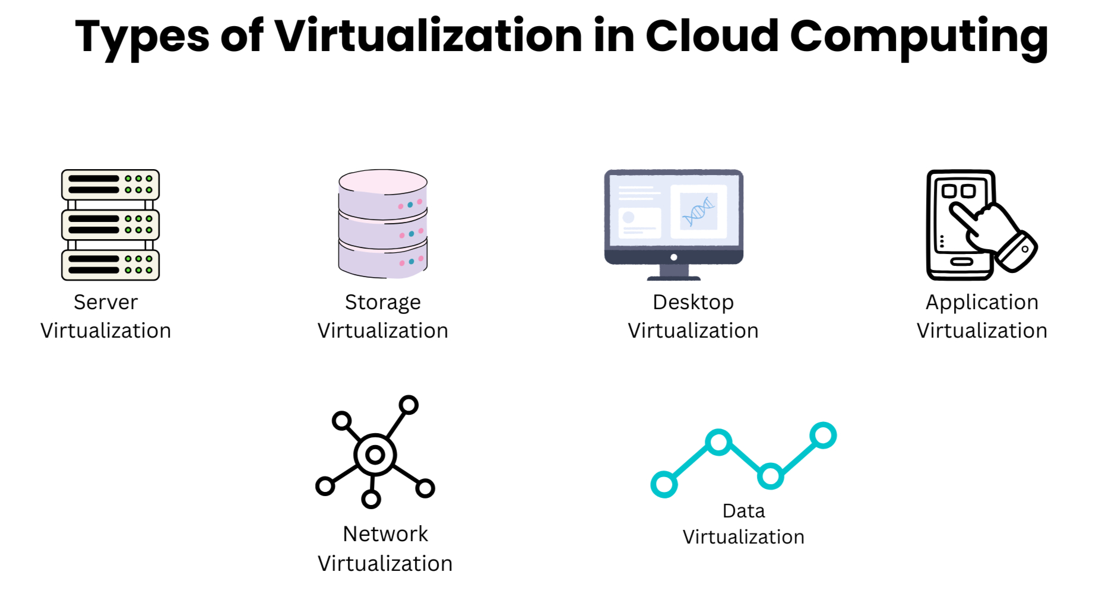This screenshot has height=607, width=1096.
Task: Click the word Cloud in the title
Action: (712, 36)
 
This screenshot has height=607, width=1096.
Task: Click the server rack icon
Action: (110, 225)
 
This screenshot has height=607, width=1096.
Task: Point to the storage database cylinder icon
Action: (383, 224)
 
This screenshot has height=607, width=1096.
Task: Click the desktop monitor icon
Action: (674, 225)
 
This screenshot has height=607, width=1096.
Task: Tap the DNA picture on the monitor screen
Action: (698, 212)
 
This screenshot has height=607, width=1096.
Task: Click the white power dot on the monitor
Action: (674, 258)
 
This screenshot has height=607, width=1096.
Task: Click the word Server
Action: (106, 302)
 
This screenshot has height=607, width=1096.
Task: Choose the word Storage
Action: (383, 303)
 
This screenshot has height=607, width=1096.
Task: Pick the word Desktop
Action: (693, 303)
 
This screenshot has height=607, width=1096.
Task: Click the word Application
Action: (982, 303)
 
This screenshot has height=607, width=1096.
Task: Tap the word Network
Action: (385, 534)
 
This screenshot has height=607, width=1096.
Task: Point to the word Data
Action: (743, 511)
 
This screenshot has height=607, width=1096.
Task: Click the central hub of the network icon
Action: (375, 455)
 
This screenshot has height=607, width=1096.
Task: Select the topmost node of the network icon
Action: (408, 405)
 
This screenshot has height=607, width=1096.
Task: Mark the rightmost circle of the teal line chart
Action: (823, 436)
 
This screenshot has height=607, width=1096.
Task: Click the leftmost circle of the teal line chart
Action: (664, 484)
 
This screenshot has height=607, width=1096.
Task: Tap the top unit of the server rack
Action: (110, 185)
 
